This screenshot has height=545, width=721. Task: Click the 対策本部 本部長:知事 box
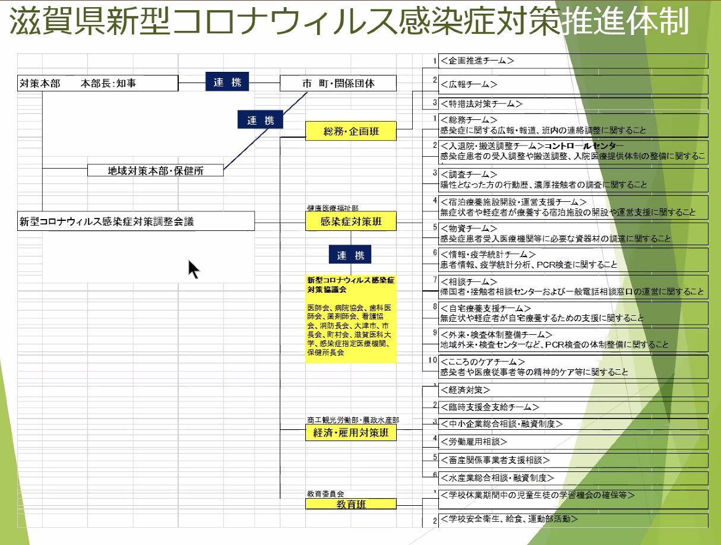click(x=97, y=83)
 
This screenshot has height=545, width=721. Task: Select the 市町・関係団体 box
click(x=338, y=83)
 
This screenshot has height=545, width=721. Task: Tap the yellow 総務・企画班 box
click(x=351, y=131)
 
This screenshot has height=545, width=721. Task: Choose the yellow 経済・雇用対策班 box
click(x=351, y=433)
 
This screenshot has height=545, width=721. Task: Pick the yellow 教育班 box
click(x=351, y=504)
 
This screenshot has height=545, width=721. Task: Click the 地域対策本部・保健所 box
click(x=156, y=170)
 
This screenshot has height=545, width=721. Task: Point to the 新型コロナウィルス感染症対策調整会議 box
click(x=136, y=222)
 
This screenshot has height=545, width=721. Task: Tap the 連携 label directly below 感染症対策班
click(x=350, y=255)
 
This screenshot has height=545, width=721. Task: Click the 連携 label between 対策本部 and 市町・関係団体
click(x=227, y=82)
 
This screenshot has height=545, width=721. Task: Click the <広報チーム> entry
click(x=469, y=85)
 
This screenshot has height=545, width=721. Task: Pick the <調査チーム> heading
click(x=469, y=175)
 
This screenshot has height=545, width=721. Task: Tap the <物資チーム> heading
click(x=469, y=229)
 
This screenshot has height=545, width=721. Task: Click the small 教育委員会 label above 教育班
click(x=325, y=493)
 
